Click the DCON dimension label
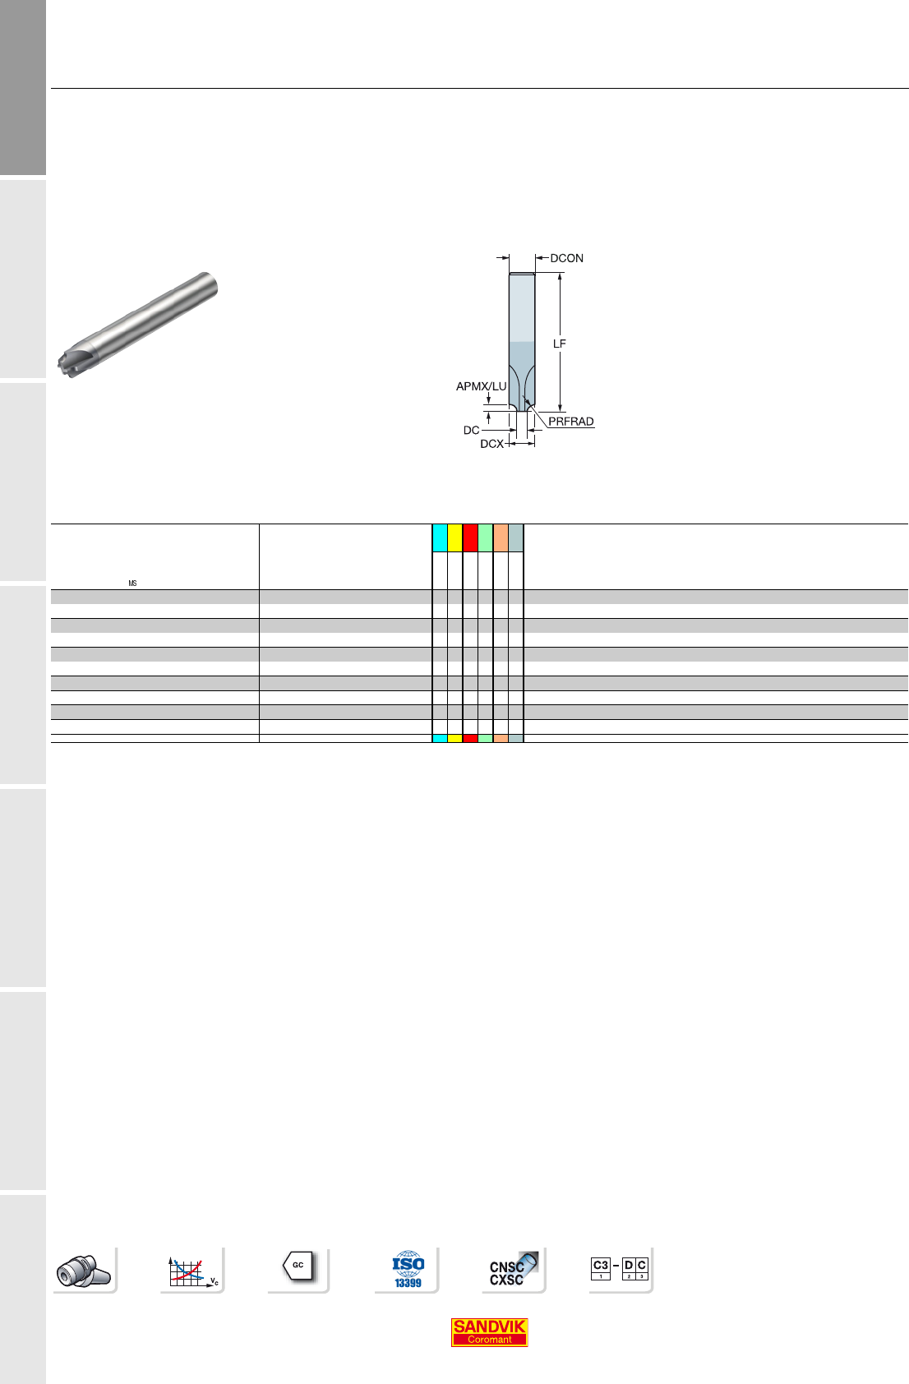(x=566, y=258)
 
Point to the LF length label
(x=559, y=344)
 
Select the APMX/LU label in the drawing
(x=481, y=387)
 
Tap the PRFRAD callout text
(x=571, y=422)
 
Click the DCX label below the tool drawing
(x=491, y=445)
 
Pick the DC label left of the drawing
(x=472, y=430)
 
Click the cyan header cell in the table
(x=440, y=537)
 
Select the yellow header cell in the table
(x=454, y=537)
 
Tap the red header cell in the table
(x=470, y=537)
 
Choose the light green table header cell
(x=486, y=537)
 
